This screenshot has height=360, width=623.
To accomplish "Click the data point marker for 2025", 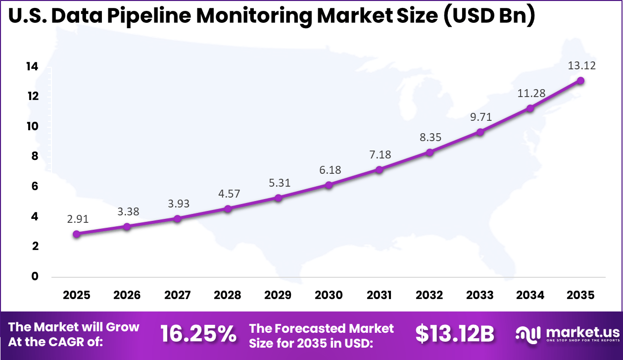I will (76, 234).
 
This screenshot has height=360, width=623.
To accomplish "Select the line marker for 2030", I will (329, 185).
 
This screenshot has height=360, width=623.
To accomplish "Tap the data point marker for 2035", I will (580, 80).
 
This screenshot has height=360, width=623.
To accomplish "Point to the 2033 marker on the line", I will (480, 132).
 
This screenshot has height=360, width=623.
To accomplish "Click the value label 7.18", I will (379, 154).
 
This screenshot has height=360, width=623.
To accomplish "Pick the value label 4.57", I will (228, 194).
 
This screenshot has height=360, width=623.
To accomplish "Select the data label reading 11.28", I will (530, 93).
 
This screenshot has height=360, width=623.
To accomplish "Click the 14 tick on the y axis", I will (32, 66).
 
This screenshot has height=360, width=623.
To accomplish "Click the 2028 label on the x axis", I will (228, 296).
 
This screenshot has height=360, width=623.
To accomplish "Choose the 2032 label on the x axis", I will (429, 296).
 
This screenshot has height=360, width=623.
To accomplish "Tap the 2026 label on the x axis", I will (127, 296).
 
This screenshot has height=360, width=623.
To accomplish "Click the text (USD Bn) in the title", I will (487, 16).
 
